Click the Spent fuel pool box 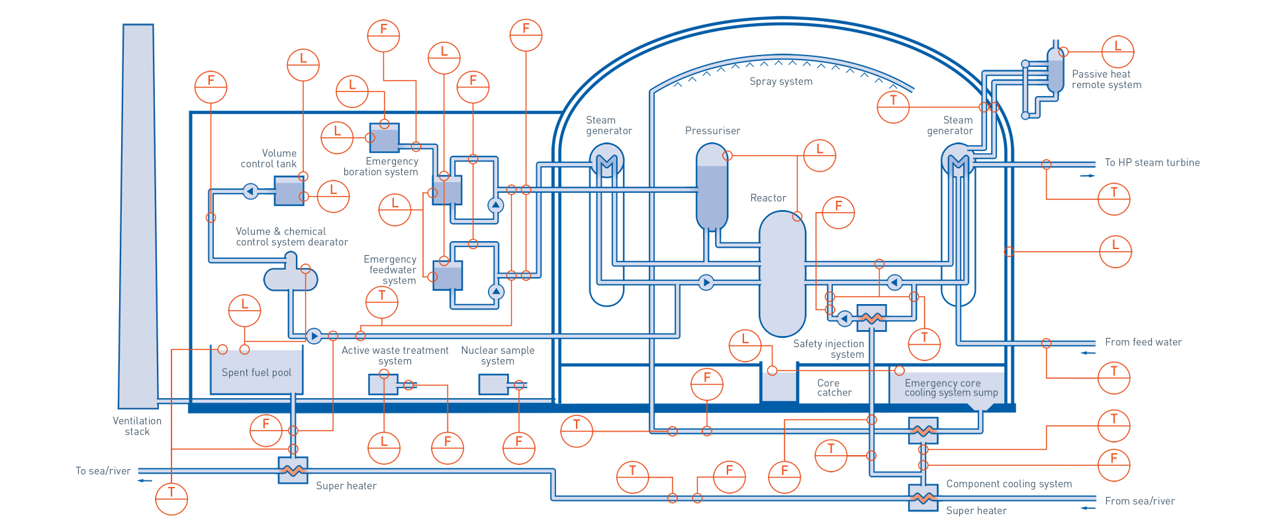click(256, 372)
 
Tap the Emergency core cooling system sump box click(947, 387)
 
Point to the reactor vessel click(782, 274)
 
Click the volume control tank click(289, 192)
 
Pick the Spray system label click(780, 81)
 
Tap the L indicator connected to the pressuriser click(820, 155)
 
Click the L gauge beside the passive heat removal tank click(1117, 52)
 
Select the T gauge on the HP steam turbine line click(1113, 199)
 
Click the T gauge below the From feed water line click(1113, 378)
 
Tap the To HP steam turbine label click(1151, 163)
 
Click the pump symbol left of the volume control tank click(250, 191)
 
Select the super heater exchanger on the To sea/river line click(293, 470)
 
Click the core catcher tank click(779, 387)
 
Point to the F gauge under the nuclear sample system click(518, 447)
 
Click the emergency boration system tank click(385, 138)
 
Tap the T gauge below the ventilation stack click(171, 498)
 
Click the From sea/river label click(1139, 502)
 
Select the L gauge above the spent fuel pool click(244, 310)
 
